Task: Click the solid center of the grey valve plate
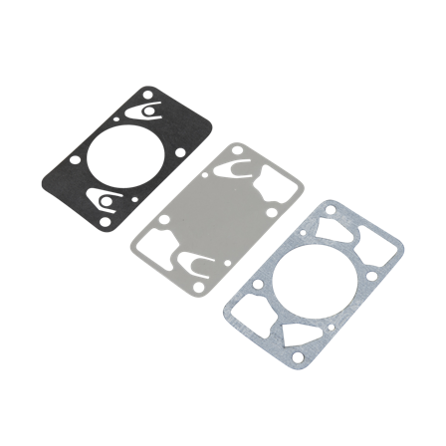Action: (x=218, y=216)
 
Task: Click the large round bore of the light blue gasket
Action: (x=310, y=278)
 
